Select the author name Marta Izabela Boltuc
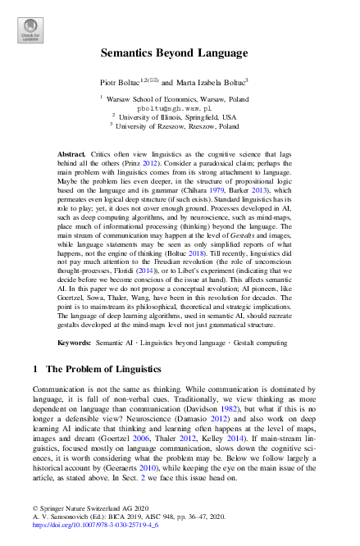point(210,83)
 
